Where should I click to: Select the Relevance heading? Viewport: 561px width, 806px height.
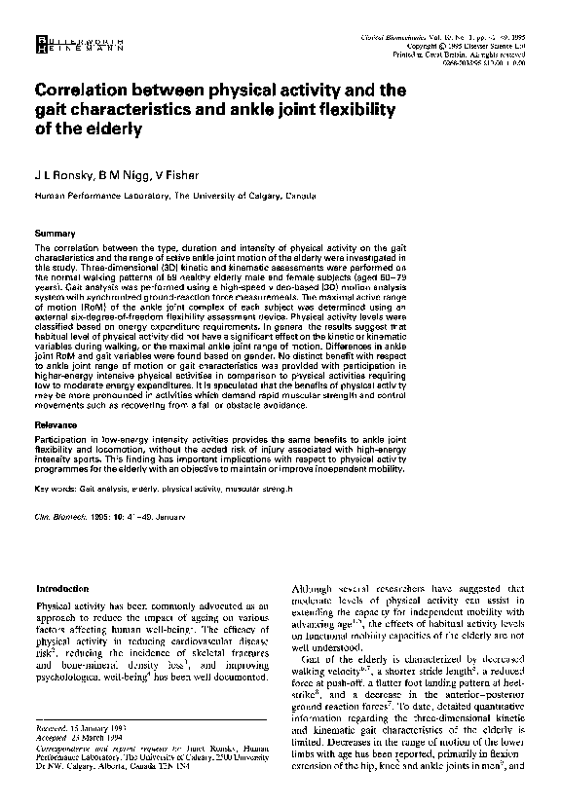(56, 426)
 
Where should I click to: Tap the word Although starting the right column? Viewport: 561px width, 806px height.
(313, 588)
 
